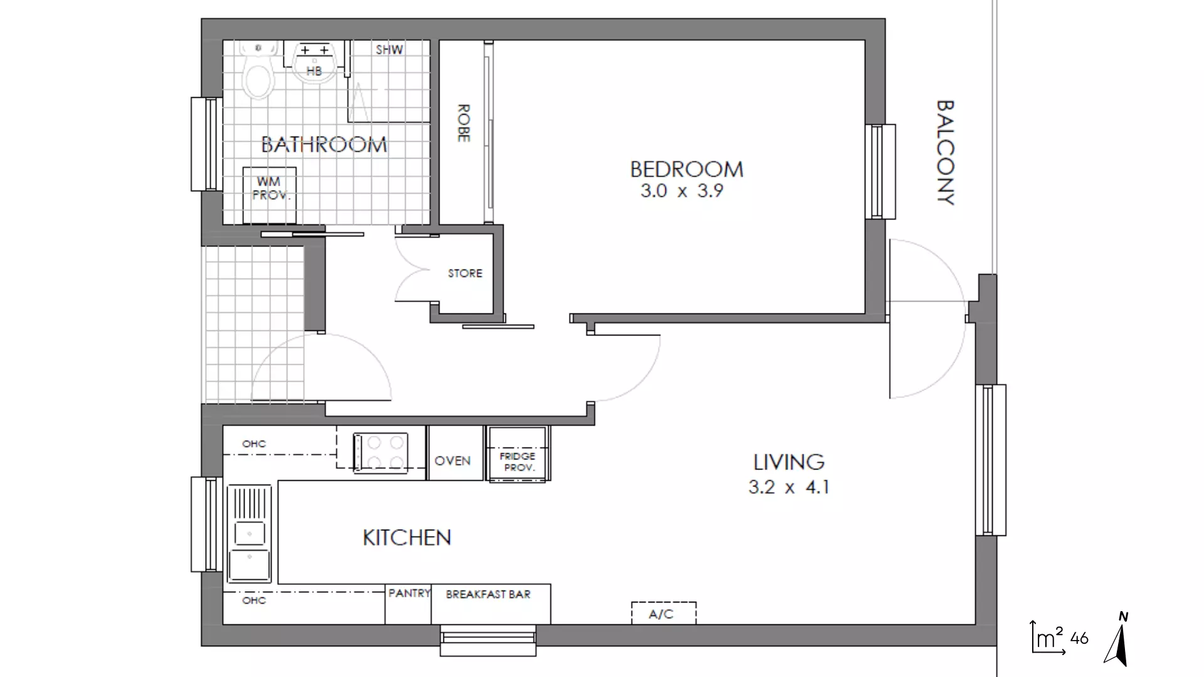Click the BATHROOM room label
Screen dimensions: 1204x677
pyautogui.click(x=324, y=145)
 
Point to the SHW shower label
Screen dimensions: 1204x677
pyautogui.click(x=389, y=50)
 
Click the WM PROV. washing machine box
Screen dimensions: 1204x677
pyautogui.click(x=270, y=195)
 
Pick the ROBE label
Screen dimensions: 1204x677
pyautogui.click(x=463, y=123)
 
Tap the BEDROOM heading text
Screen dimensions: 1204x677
pyautogui.click(x=687, y=169)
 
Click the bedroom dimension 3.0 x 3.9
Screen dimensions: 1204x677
pyautogui.click(x=682, y=191)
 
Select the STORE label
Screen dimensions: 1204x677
pyautogui.click(x=465, y=273)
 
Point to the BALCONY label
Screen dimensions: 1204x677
pyautogui.click(x=945, y=152)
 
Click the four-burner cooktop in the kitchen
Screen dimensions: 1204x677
pyautogui.click(x=381, y=453)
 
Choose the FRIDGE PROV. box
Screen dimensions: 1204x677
pyautogui.click(x=518, y=454)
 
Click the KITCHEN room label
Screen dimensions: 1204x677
pyautogui.click(x=407, y=538)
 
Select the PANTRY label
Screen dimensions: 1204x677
pyautogui.click(x=409, y=593)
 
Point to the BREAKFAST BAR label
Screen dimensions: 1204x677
pyautogui.click(x=488, y=594)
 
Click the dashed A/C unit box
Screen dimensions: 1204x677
pyautogui.click(x=663, y=613)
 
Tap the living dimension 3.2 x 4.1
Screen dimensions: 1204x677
pyautogui.click(x=789, y=487)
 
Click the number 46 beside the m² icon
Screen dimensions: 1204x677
pyautogui.click(x=1079, y=638)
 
